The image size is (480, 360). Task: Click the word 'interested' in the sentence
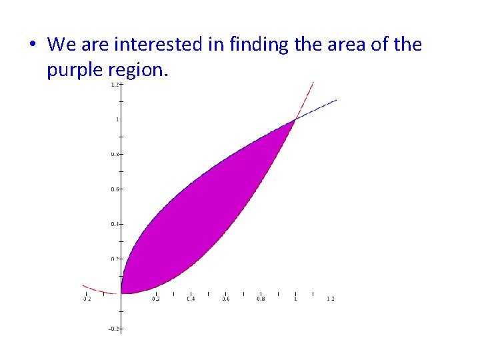[148, 45]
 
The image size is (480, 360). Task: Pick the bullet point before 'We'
[33, 45]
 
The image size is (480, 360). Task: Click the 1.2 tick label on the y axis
[115, 85]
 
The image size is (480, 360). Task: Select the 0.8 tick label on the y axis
[115, 154]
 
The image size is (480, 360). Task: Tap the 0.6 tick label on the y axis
[115, 189]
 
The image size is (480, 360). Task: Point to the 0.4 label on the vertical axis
[115, 224]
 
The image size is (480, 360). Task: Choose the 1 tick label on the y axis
[117, 119]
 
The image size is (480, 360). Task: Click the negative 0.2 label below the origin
[114, 329]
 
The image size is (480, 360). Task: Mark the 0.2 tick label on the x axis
[156, 299]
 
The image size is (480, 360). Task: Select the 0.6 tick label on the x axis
[225, 299]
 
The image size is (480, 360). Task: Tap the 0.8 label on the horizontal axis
[261, 299]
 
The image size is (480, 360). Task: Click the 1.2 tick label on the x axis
[330, 299]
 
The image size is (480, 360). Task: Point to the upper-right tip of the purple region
[295, 121]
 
